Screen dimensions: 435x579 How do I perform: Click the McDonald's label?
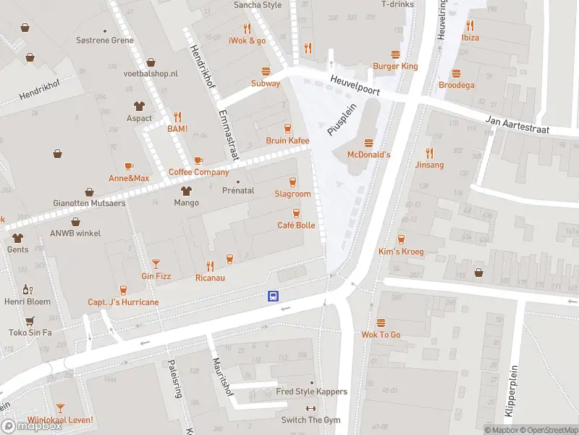click(x=369, y=154)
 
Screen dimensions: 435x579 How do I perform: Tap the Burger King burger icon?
click(x=396, y=54)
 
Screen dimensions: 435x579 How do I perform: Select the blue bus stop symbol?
click(x=274, y=296)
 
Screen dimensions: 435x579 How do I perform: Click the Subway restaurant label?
click(x=266, y=83)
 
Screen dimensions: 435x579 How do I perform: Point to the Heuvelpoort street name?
click(x=354, y=86)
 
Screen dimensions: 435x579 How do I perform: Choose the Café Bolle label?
click(x=296, y=225)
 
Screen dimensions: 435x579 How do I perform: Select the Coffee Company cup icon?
click(x=198, y=160)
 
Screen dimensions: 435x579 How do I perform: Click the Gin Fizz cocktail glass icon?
click(x=156, y=264)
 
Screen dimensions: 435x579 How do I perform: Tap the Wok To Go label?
click(x=381, y=335)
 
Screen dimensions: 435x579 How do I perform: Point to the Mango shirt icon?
click(x=186, y=191)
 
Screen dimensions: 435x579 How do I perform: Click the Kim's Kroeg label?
click(x=400, y=252)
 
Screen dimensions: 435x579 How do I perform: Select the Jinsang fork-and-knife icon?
click(x=429, y=153)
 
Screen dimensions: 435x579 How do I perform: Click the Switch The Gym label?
click(x=310, y=420)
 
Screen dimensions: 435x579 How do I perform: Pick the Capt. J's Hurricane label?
click(x=123, y=302)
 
